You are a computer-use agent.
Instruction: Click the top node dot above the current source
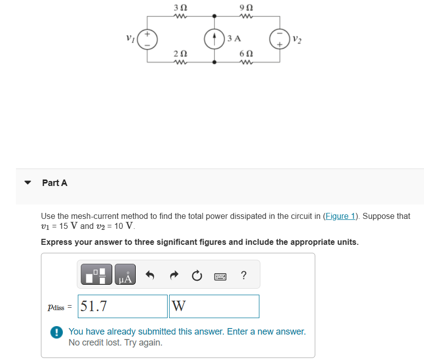(214, 16)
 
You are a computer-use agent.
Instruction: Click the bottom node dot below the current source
(214, 62)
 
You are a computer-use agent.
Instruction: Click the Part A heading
(55, 183)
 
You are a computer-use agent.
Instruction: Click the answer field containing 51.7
(122, 306)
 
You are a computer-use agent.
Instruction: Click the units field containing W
(214, 306)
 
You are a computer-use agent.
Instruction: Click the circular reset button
(197, 276)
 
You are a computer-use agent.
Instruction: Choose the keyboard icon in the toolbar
(220, 276)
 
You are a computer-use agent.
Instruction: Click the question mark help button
(243, 276)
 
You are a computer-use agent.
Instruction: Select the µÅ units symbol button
(125, 276)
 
